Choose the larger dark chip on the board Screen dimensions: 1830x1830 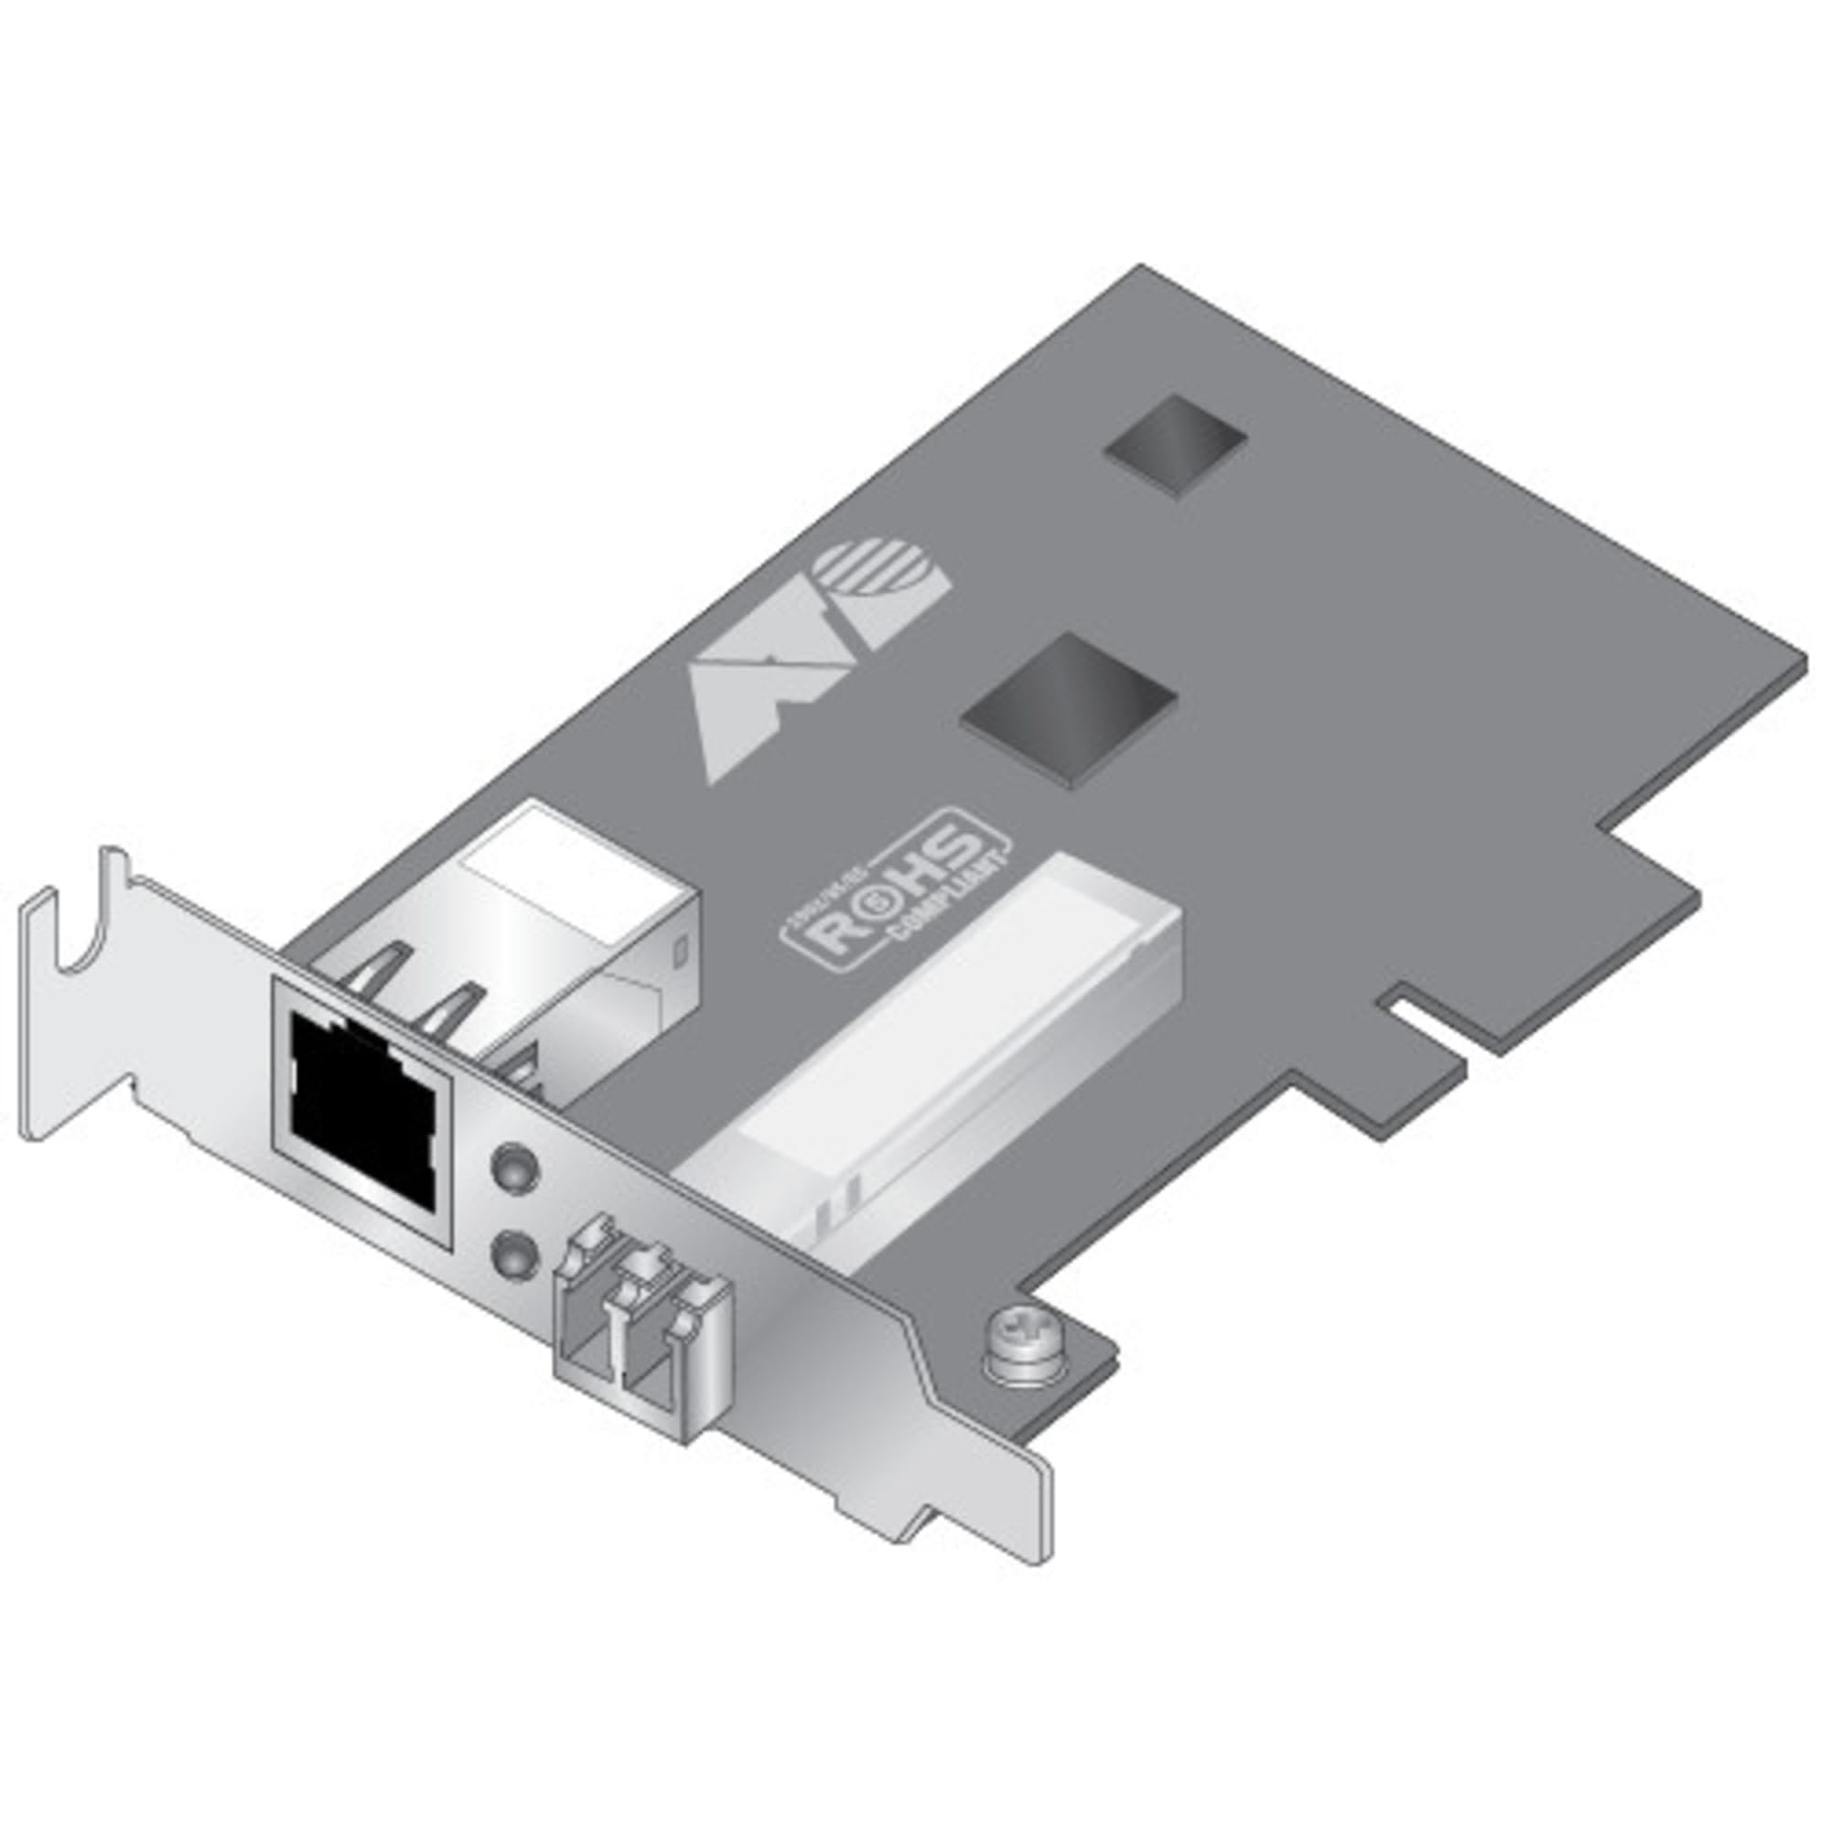coord(1070,696)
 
